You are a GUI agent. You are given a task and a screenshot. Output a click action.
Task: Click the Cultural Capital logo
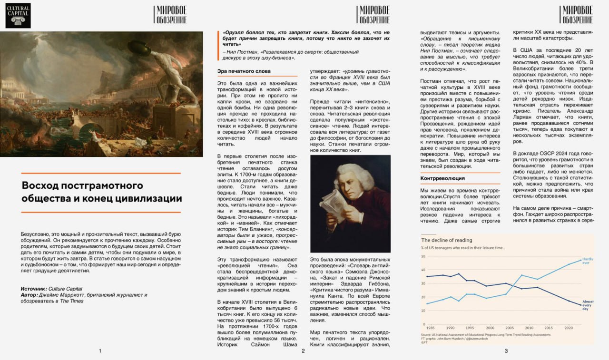click(18, 16)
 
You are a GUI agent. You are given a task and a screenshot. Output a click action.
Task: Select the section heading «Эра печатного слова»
click(241, 71)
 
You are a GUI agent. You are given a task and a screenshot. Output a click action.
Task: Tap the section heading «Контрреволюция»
click(442, 178)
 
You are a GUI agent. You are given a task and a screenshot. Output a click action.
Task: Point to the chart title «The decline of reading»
click(446, 240)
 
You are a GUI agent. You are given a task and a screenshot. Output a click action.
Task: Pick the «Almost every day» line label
click(588, 305)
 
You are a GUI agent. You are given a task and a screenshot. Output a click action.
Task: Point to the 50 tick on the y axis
click(423, 257)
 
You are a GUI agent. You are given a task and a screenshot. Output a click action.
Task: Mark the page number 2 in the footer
click(303, 351)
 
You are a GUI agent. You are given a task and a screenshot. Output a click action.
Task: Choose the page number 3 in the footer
click(506, 351)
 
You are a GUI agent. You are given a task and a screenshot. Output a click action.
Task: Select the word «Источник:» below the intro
click(34, 289)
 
